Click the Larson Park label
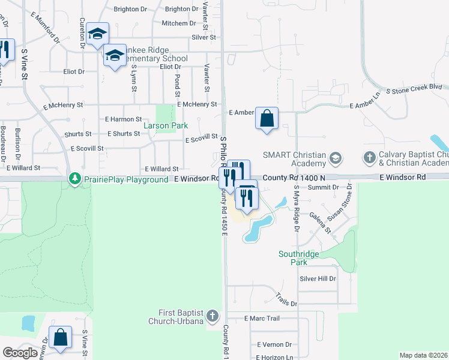(165, 126)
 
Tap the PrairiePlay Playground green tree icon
(74, 179)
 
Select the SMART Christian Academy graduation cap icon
(336, 159)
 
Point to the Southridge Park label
(301, 258)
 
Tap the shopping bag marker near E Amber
(267, 118)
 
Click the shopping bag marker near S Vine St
(60, 337)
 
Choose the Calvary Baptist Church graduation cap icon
(369, 159)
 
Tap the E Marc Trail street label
(262, 319)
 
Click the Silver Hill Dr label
(318, 279)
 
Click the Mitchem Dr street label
(175, 23)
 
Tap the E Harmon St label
(123, 119)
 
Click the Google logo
(20, 353)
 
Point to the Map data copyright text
(423, 355)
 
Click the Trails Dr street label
(286, 299)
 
